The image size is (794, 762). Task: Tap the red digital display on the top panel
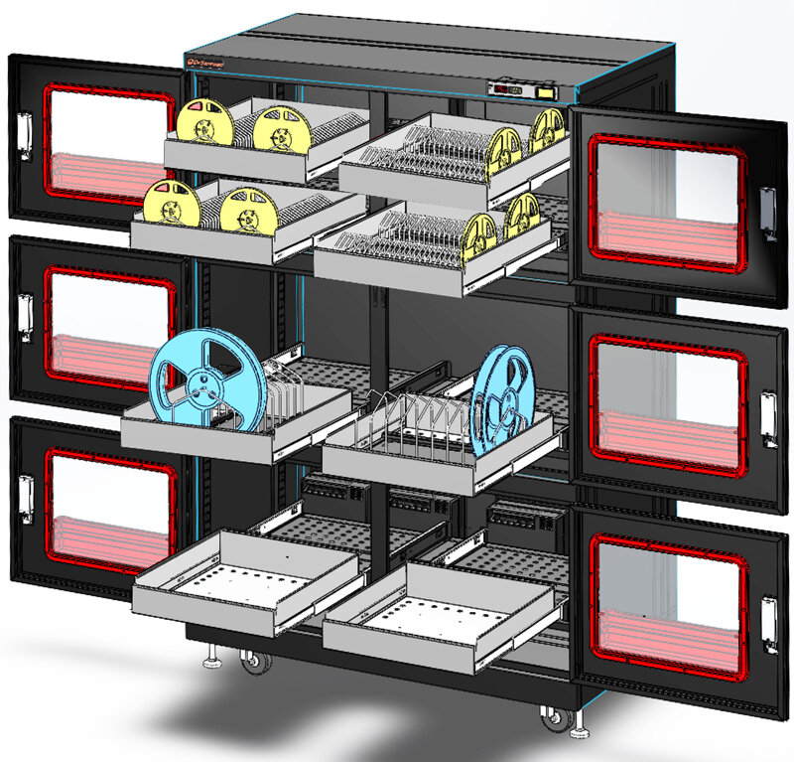(508, 89)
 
